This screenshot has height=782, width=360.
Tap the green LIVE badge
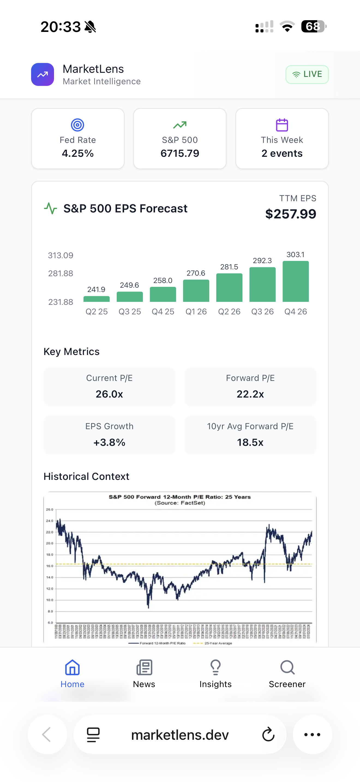coord(307,74)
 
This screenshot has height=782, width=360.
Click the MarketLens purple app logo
coord(43,74)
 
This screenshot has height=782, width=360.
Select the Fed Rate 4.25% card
coord(78,139)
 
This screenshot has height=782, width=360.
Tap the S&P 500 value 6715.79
coord(180,153)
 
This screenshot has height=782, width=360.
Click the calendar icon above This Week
coord(282,125)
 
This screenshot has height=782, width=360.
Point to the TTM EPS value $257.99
coord(290,214)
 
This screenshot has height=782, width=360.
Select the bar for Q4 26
coord(295,281)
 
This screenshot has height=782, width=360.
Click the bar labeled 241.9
coord(97,299)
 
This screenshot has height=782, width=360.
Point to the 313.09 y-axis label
coord(61,255)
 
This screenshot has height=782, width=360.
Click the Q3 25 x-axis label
coord(130,311)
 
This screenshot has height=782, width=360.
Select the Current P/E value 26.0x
coord(109,394)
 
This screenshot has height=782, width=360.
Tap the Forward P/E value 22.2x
coord(250,394)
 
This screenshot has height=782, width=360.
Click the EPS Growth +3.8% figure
coord(109,442)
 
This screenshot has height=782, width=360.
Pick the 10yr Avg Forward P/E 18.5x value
coord(250,442)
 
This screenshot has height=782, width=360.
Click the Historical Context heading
coord(86,476)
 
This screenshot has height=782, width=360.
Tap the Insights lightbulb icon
coord(215,667)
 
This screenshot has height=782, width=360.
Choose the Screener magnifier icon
coord(287,667)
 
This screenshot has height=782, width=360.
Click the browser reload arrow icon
coord(268,735)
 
